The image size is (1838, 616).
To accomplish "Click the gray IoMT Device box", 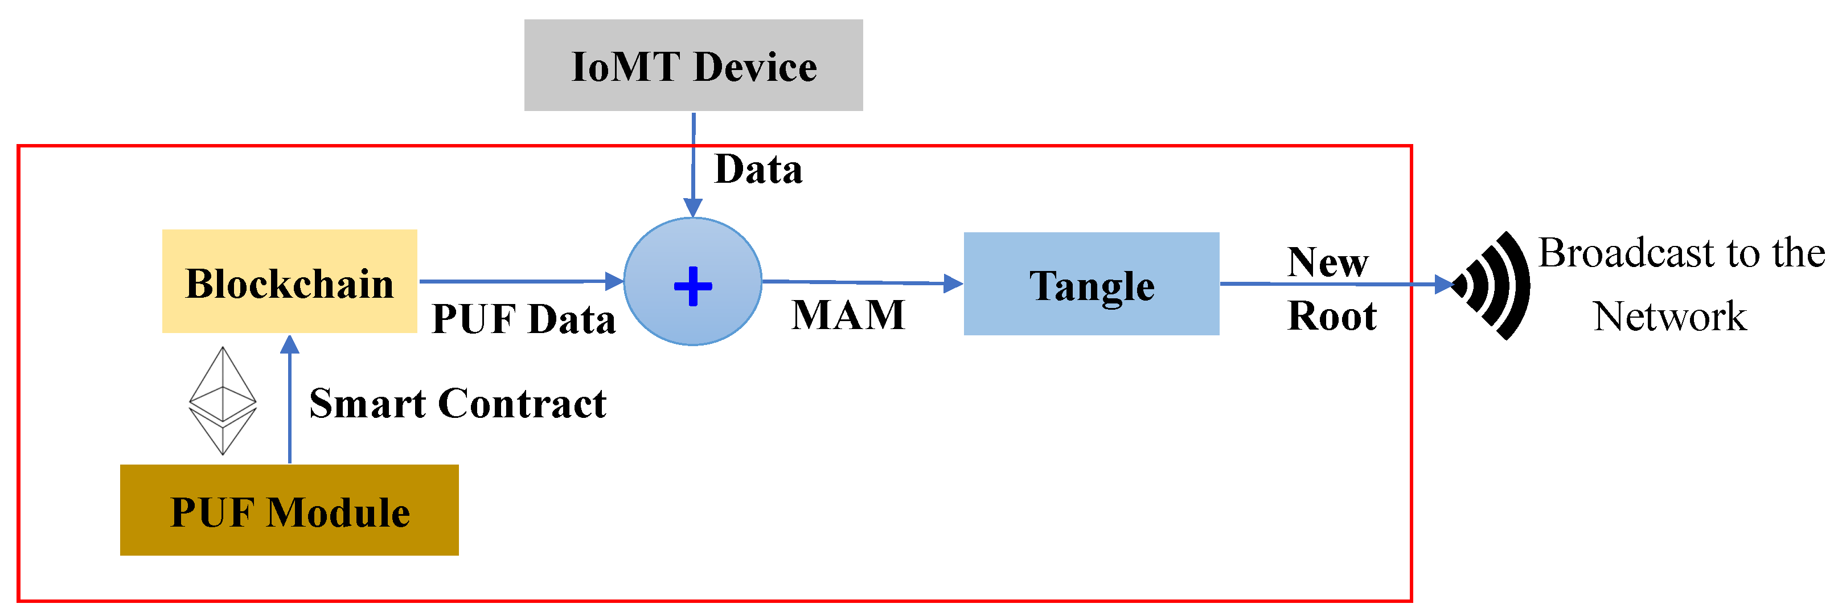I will [x=693, y=65].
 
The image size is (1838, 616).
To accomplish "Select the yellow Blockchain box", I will [x=289, y=281].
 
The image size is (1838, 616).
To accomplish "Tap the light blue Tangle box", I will [x=1091, y=284].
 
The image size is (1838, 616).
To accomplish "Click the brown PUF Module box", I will [x=289, y=510].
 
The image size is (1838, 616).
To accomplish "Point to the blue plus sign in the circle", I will [x=693, y=286].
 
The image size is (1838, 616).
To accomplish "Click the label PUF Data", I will [x=523, y=318].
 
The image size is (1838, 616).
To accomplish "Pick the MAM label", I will [x=848, y=315].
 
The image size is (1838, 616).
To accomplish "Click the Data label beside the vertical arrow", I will [x=758, y=170].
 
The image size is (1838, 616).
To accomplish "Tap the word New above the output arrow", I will [x=1327, y=262].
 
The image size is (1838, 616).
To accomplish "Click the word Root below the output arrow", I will [x=1331, y=316].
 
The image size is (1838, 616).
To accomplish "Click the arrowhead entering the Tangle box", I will [x=953, y=284].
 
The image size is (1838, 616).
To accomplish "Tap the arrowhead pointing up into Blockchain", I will [x=290, y=346].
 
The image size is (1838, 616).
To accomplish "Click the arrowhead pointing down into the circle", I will [x=693, y=207].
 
